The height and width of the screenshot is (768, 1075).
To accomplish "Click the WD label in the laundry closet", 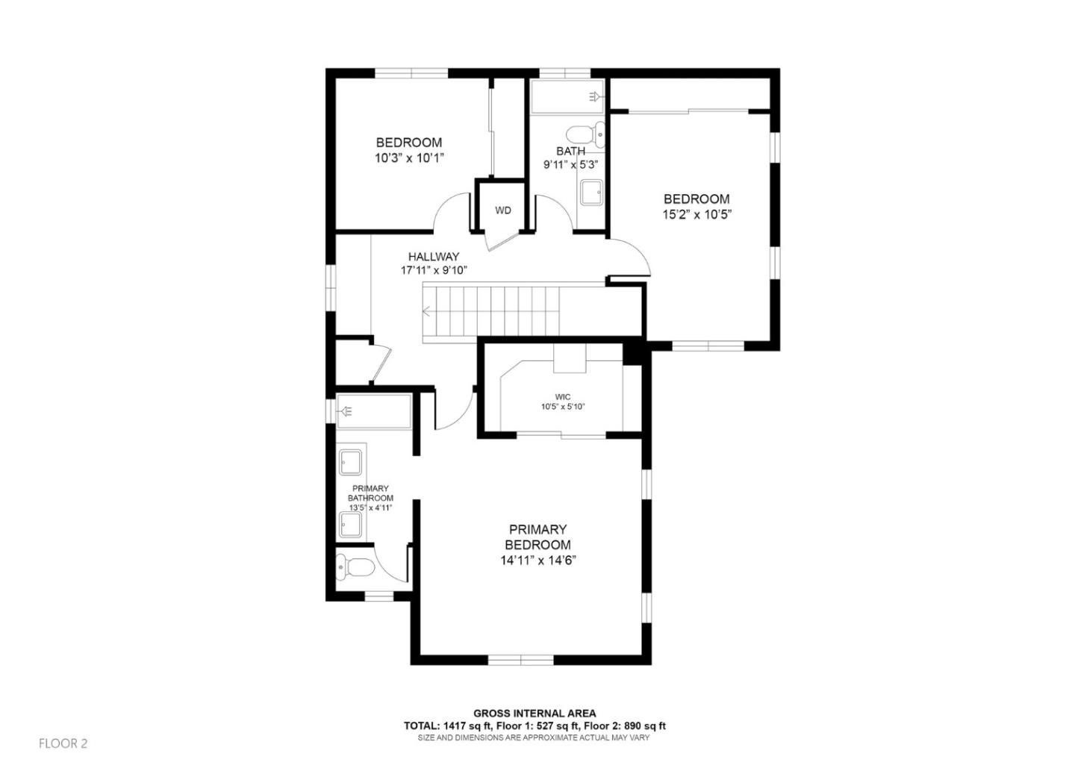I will tap(502, 210).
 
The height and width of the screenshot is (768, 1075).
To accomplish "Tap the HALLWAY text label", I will tap(433, 257).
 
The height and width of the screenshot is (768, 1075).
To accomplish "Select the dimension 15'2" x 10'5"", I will tap(696, 214).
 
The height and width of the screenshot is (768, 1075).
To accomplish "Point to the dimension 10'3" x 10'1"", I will tap(409, 157).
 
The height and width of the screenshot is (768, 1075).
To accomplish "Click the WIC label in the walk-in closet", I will tap(562, 396).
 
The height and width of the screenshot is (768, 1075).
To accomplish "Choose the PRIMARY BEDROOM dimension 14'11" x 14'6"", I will tap(537, 560).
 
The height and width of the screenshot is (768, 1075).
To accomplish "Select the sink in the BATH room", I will tap(593, 192).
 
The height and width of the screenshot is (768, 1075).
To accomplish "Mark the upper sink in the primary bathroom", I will tap(351, 463).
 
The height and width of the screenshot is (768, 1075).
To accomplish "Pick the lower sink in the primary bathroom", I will tap(351, 525).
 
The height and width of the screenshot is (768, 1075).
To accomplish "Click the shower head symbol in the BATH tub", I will tap(594, 96).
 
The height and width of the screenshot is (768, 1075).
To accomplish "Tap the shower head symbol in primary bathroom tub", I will tap(348, 411).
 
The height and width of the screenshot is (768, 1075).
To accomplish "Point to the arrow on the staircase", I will tap(428, 312).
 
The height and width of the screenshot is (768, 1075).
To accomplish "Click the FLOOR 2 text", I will tap(63, 743).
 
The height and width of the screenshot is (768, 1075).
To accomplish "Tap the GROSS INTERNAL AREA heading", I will tap(535, 714).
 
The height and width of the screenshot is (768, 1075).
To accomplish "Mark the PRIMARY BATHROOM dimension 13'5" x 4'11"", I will tap(370, 508).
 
